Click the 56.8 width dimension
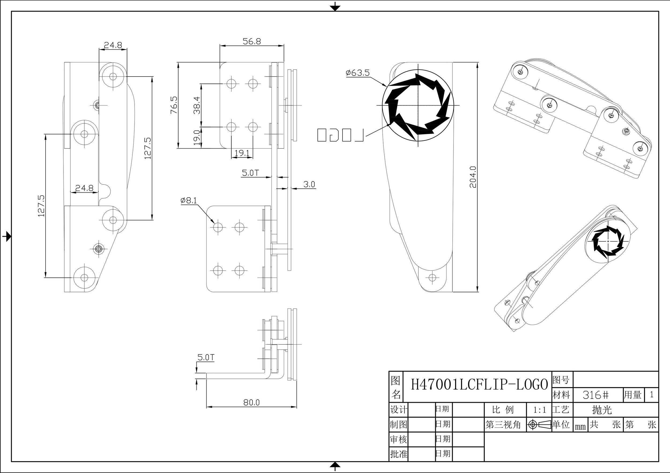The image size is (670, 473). (252, 41)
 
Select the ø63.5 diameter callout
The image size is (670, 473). (358, 73)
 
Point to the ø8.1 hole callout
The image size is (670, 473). (188, 200)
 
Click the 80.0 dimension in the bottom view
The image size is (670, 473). (251, 403)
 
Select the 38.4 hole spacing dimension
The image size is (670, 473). (197, 105)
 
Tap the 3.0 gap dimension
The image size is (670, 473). (309, 184)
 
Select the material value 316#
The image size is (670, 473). (595, 395)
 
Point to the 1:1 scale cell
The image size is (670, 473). (539, 410)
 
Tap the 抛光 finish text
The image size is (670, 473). (602, 410)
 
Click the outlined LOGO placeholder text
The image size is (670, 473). (340, 135)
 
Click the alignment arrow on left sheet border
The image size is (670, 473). (7, 236)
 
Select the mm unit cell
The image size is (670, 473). (580, 427)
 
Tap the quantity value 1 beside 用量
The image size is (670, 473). (652, 395)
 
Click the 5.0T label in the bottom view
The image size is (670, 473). (206, 357)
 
